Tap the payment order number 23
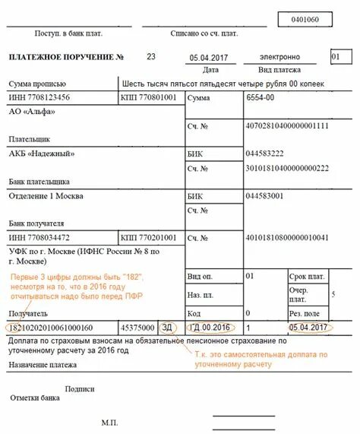pyautogui.click(x=150, y=57)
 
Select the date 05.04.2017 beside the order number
pyautogui.click(x=206, y=58)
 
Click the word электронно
pyautogui.click(x=279, y=57)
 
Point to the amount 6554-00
pyautogui.click(x=261, y=98)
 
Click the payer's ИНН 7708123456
pyautogui.click(x=39, y=98)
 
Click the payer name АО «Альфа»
pyautogui.click(x=33, y=112)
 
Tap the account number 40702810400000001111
pyautogui.click(x=287, y=125)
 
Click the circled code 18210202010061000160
pyautogui.click(x=50, y=328)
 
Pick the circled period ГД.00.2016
pyautogui.click(x=210, y=328)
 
